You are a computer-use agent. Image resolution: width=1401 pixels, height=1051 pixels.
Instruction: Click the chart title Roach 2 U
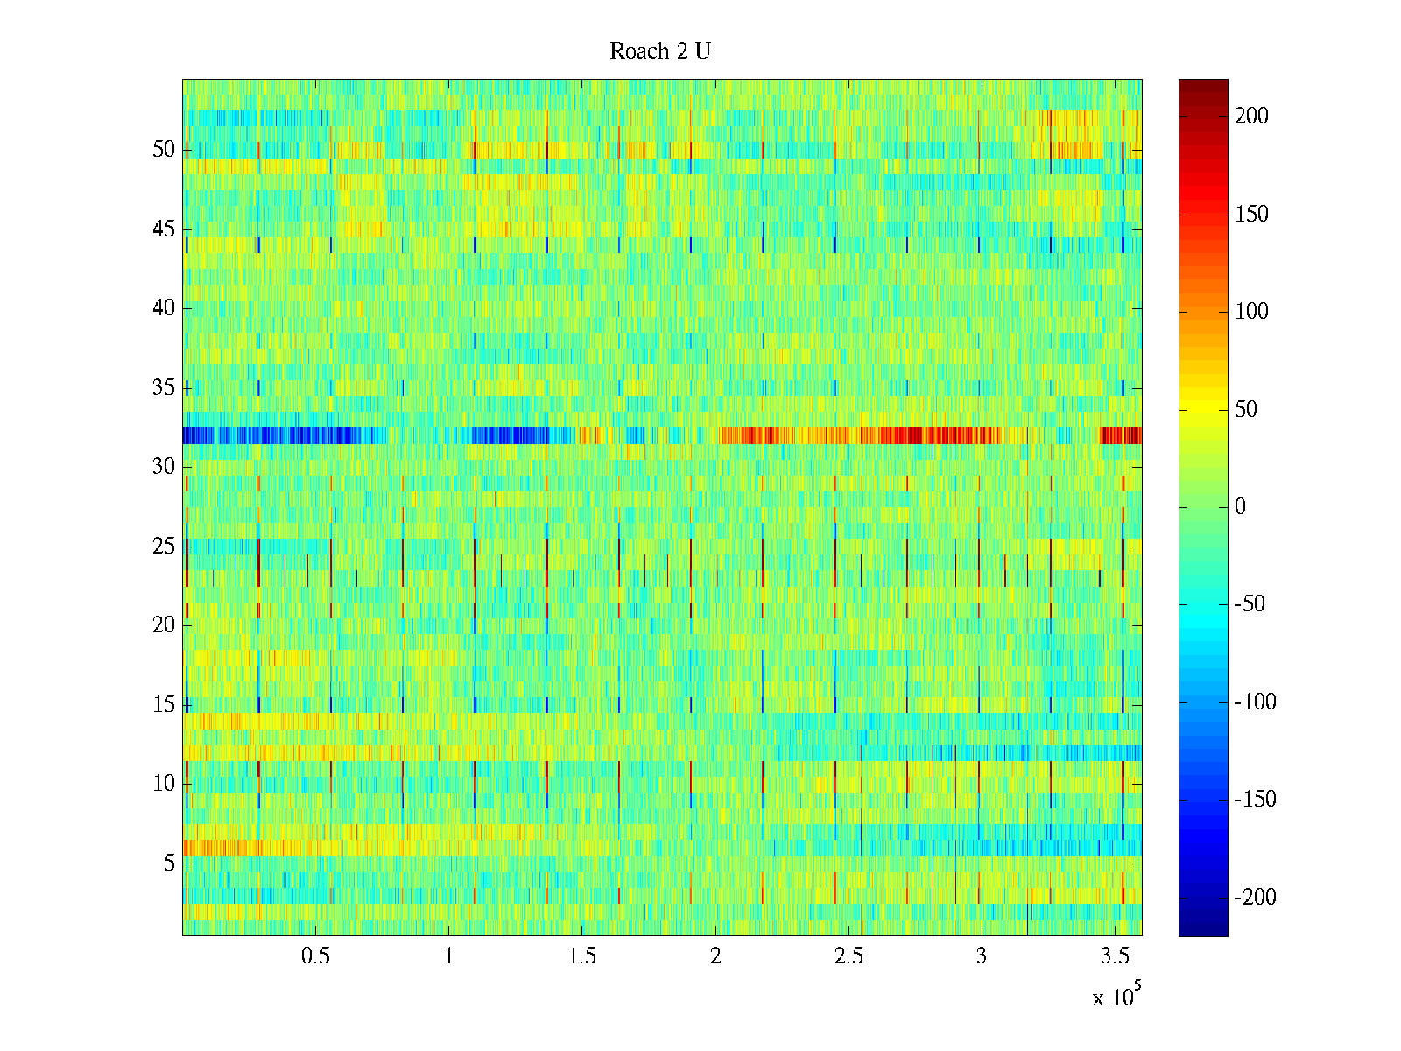659,52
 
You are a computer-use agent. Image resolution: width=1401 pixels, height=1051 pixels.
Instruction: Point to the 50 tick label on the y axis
164,150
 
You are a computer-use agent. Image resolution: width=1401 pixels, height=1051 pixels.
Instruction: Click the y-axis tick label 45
164,229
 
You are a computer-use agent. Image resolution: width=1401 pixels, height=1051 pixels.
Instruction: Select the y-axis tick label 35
164,388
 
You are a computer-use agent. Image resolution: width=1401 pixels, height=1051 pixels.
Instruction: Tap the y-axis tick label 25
164,547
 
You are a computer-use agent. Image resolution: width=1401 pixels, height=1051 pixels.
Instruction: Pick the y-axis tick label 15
164,705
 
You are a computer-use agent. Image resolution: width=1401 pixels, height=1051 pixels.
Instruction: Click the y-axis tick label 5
169,864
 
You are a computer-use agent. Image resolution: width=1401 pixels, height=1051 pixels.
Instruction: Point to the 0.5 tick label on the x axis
316,956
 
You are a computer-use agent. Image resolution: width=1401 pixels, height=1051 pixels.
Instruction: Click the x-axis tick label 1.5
582,956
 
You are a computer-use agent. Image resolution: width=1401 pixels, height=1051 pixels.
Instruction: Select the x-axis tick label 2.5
848,956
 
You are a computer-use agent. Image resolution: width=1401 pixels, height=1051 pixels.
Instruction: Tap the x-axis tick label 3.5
1115,956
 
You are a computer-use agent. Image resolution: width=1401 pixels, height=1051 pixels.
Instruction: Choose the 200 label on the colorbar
1251,116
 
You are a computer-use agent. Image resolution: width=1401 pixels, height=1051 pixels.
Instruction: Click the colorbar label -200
1255,898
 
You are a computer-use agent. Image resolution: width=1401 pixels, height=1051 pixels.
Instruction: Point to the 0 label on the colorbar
1240,507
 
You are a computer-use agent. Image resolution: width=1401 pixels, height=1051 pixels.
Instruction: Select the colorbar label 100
1251,312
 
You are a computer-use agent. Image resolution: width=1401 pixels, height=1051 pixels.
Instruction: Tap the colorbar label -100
1255,702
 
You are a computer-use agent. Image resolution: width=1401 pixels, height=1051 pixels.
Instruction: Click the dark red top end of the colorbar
1203,85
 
